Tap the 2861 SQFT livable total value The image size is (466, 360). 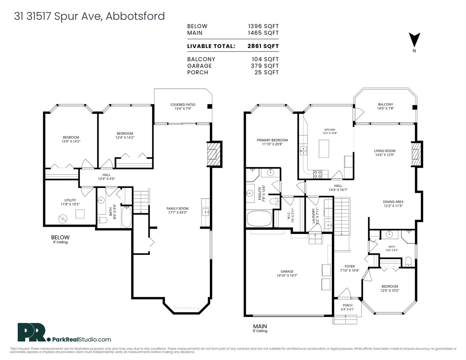(x=263, y=46)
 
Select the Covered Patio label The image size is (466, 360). (x=183, y=104)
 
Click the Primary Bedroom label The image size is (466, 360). (x=272, y=140)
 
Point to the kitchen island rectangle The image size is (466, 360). (x=324, y=148)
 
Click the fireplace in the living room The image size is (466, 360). (x=416, y=154)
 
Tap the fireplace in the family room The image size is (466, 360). (x=214, y=154)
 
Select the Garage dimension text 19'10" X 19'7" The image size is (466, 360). (x=287, y=275)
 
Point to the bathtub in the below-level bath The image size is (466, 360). (x=126, y=217)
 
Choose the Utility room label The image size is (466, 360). (x=70, y=200)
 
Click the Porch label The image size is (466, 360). (x=347, y=305)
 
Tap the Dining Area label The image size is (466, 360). (x=393, y=202)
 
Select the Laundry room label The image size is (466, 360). (x=313, y=216)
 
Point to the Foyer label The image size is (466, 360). (x=349, y=266)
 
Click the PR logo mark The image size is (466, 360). (x=32, y=332)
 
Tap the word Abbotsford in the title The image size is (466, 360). (x=135, y=16)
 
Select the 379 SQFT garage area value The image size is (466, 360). (x=265, y=66)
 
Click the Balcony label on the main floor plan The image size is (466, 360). (x=385, y=104)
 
